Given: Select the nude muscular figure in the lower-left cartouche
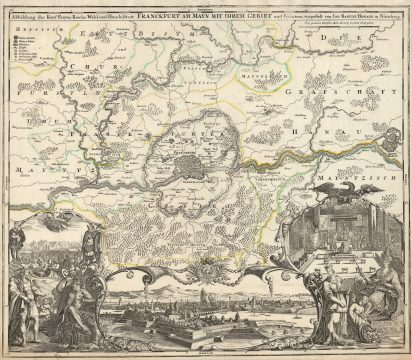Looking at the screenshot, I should tap(40, 286).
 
